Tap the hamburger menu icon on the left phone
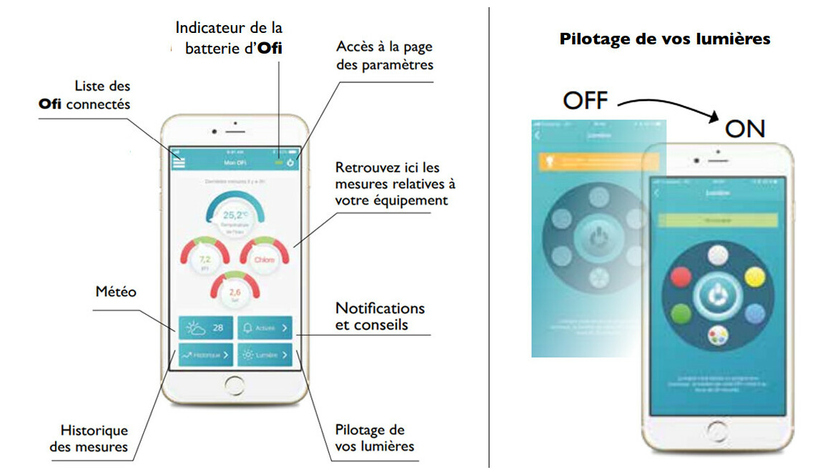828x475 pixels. [179, 162]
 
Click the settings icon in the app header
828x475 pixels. [291, 162]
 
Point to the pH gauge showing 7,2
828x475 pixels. [204, 258]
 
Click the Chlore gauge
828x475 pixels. [264, 259]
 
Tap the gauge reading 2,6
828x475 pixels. [234, 292]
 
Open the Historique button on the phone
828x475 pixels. [205, 354]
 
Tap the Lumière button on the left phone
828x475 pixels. [265, 354]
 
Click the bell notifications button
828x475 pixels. [265, 328]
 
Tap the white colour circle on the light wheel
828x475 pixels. [717, 255]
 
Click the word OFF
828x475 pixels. [585, 100]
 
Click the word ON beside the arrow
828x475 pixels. [745, 129]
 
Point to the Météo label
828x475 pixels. [116, 292]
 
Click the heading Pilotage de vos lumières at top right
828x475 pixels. [665, 39]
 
